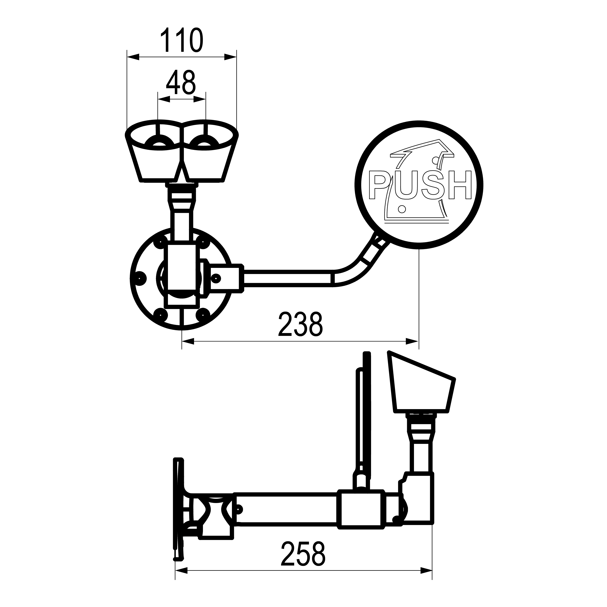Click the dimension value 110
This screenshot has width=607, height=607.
coord(182,40)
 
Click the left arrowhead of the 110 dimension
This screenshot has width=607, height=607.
coord(133,57)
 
